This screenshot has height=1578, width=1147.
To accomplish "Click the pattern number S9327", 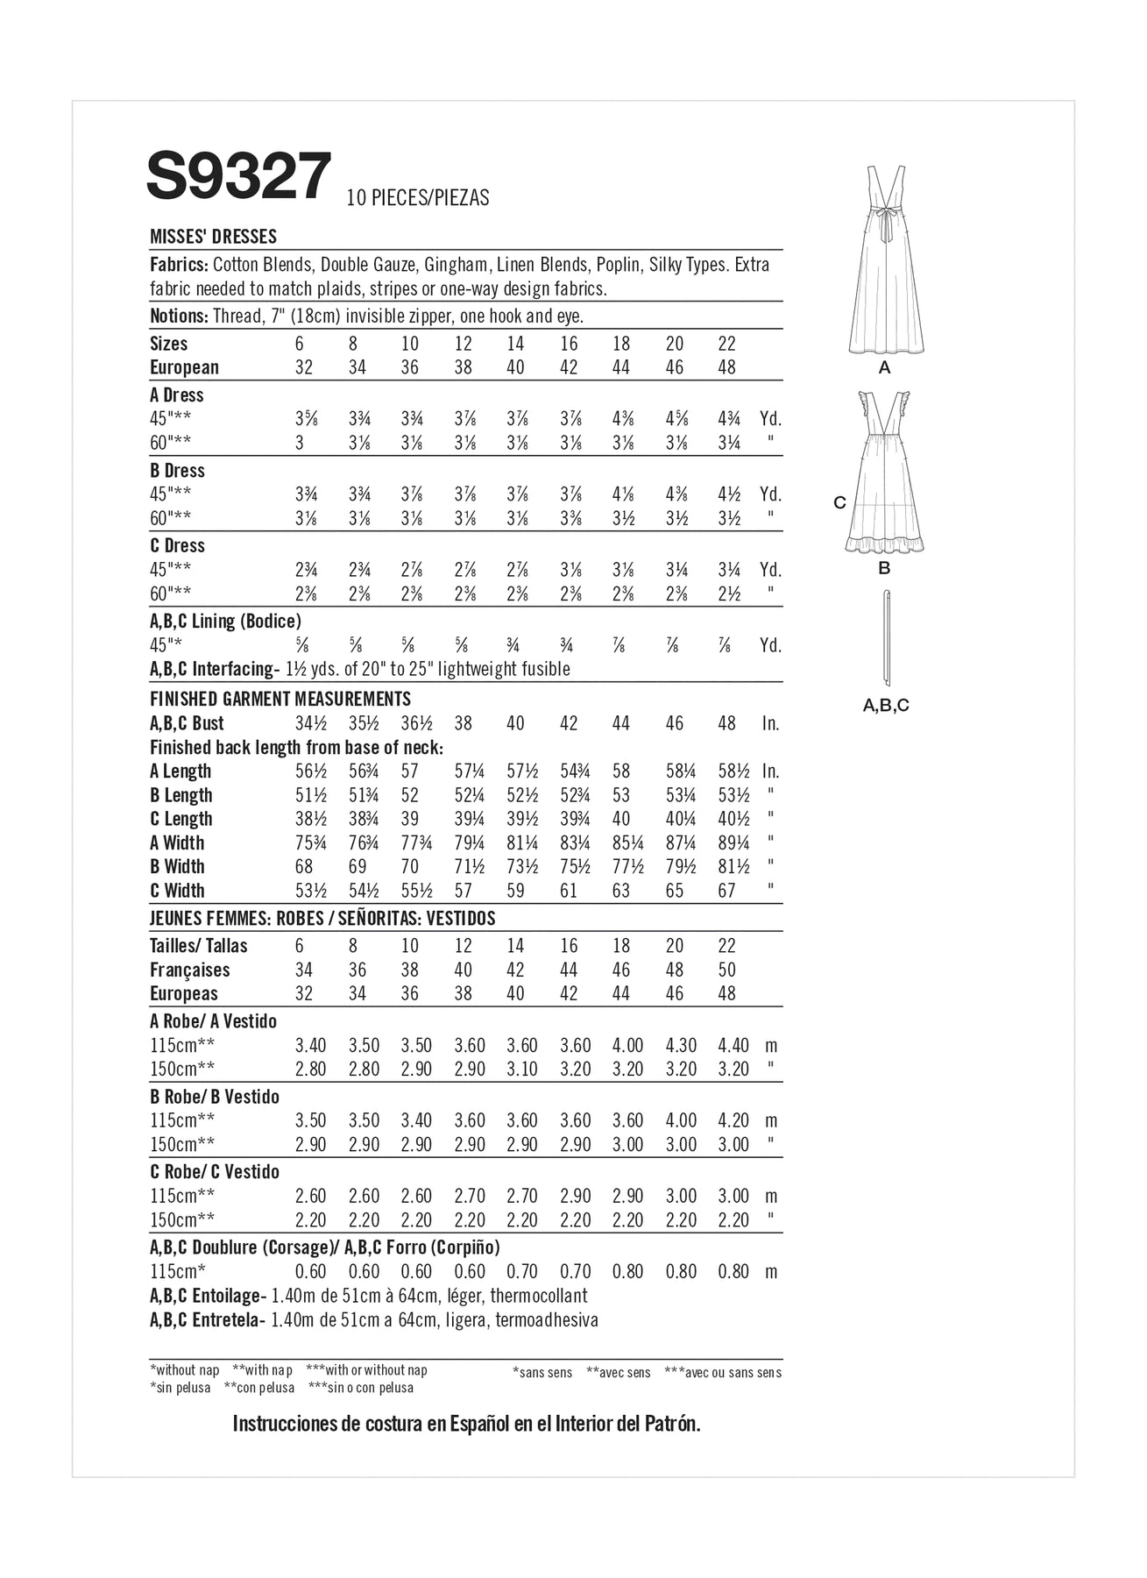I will tap(238, 177).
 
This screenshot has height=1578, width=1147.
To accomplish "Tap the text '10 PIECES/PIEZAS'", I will tap(417, 198).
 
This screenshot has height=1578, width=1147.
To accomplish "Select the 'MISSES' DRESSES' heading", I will tap(213, 237).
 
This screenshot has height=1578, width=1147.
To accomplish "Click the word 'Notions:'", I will tap(179, 316).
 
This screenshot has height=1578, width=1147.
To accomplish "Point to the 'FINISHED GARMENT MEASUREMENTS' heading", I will tap(280, 699).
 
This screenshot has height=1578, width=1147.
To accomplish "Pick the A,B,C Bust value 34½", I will tap(307, 723).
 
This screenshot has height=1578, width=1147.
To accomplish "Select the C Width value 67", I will tap(726, 891).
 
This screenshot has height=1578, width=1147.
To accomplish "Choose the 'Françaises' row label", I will tap(189, 970).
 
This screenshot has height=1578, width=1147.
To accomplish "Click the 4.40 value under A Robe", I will tap(733, 1046).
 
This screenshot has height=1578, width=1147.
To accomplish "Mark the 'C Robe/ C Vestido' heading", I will tap(214, 1172).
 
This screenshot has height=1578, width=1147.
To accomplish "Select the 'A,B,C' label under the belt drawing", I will tap(886, 705).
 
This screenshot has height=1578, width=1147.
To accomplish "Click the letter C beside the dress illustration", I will tap(839, 502).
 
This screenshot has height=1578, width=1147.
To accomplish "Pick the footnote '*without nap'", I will tap(184, 1370).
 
